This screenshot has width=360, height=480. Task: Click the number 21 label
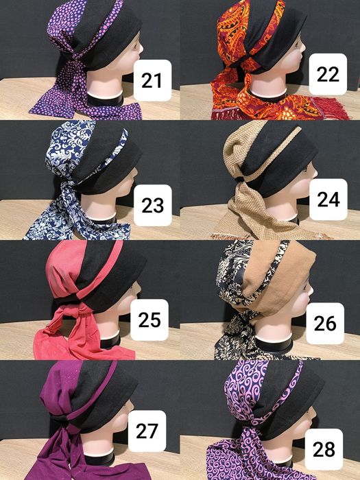tap(152, 80)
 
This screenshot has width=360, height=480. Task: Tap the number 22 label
tap(328, 74)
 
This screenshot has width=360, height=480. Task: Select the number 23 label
tap(152, 205)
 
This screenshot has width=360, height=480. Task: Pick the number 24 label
tap(328, 200)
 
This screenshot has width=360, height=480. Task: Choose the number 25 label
tap(149, 320)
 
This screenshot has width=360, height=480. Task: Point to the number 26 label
tap(325, 323)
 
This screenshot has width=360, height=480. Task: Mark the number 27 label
tap(147, 431)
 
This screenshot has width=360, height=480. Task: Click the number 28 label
tap(324, 449)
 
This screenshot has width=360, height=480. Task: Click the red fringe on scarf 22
tap(335, 108)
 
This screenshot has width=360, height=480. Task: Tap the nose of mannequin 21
tap(141, 47)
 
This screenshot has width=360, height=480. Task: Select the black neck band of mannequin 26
tap(274, 346)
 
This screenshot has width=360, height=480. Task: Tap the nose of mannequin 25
tap(139, 289)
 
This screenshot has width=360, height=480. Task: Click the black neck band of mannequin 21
tap(105, 100)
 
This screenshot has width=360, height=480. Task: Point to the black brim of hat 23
tap(110, 173)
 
